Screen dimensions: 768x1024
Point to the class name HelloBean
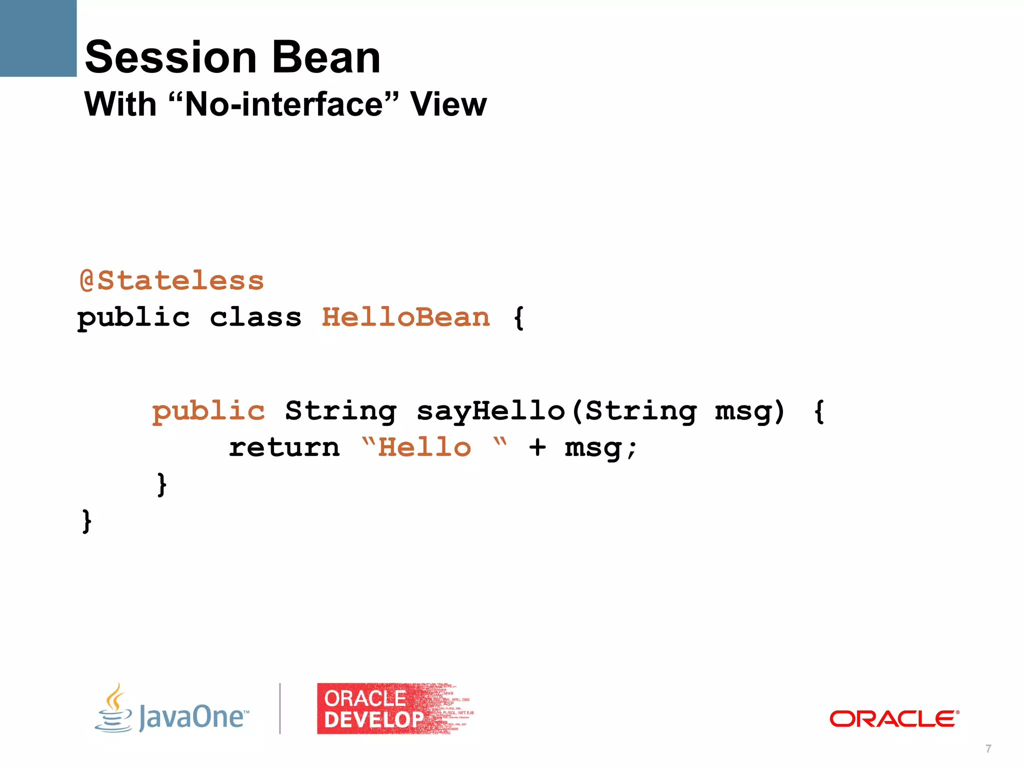(x=405, y=317)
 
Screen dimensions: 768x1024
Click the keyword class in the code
(x=255, y=317)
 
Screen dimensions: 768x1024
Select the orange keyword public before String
(x=208, y=411)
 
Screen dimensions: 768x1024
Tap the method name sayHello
(x=491, y=411)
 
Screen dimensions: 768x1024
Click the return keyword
(x=284, y=447)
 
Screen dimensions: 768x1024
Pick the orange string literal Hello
(x=424, y=447)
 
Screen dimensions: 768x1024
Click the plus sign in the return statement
(x=537, y=447)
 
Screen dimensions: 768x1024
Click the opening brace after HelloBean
(x=519, y=318)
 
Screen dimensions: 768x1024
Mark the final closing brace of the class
(x=86, y=521)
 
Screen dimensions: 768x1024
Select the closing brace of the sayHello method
(x=161, y=484)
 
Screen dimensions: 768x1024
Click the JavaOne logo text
(x=193, y=716)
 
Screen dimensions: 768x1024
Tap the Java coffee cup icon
(x=114, y=708)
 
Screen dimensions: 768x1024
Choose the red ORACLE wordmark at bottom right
(x=894, y=719)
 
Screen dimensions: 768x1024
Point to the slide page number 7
(x=988, y=748)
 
